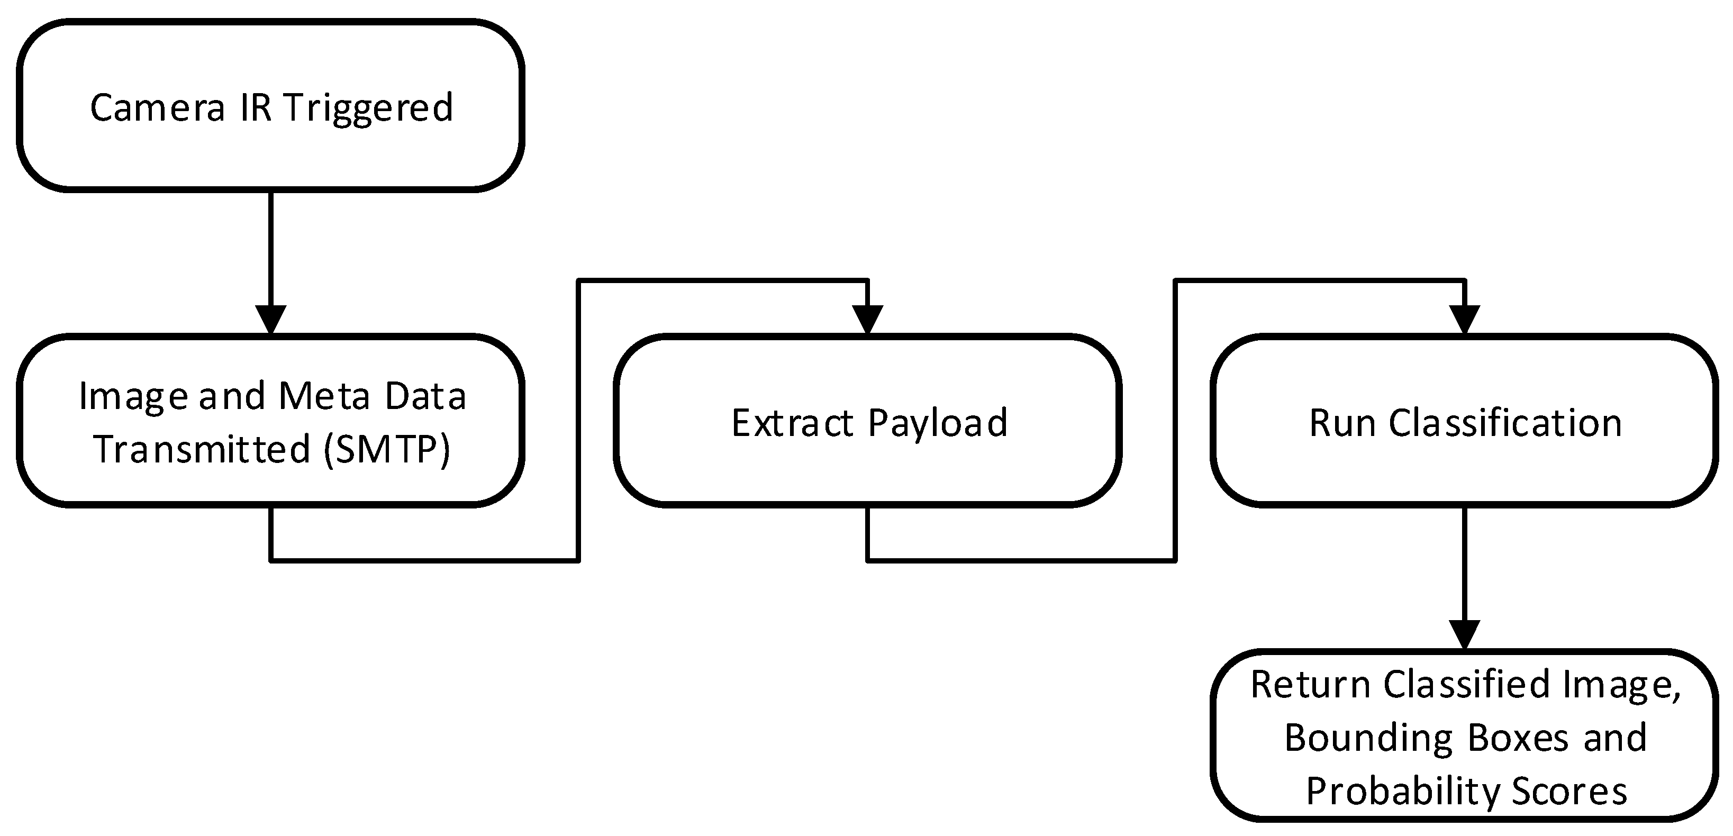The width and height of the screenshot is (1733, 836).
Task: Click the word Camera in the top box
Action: tap(157, 107)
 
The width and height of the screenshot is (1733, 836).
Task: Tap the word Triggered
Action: tap(368, 107)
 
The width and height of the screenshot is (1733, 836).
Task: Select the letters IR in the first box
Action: tap(256, 107)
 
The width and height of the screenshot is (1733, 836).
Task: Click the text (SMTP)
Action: tap(387, 449)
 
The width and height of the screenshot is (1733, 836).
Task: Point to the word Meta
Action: tap(324, 396)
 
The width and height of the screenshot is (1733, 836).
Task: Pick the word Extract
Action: tap(793, 423)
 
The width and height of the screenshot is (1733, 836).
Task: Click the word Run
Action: tap(1342, 423)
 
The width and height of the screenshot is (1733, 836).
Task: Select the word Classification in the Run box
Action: tap(1505, 423)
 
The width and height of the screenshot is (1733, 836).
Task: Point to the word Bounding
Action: tap(1369, 738)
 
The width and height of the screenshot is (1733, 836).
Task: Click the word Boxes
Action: tap(1518, 738)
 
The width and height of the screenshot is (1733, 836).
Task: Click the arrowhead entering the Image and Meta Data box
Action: tap(271, 319)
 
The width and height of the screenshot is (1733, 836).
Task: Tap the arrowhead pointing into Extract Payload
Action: tap(868, 319)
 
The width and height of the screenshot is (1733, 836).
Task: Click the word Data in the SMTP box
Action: tap(426, 396)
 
